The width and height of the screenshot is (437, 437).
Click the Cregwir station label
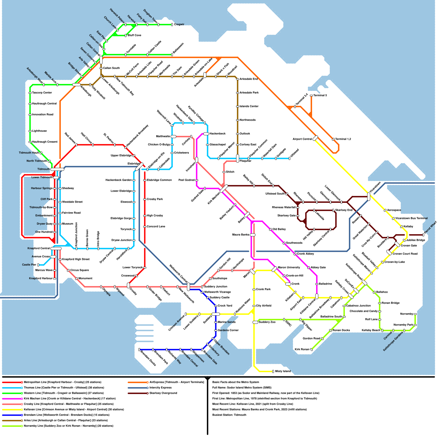179,25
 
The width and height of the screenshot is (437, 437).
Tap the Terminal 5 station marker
311,96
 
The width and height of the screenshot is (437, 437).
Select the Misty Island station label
283,371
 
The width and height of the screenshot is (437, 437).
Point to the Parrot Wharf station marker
423,235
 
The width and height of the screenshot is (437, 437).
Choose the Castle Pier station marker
38,265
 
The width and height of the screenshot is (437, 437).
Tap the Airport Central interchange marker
315,138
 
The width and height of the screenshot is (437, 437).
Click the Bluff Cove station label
134,36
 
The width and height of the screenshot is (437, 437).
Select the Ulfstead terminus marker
290,158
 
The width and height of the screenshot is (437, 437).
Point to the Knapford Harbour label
41,279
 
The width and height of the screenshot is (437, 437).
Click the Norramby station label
406,314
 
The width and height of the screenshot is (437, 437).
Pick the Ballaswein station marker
172,55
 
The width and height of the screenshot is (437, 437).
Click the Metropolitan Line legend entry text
63,382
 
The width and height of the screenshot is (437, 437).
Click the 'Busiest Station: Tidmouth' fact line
229,415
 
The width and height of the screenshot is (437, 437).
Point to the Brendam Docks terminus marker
139,350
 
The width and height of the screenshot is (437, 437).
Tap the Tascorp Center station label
42,93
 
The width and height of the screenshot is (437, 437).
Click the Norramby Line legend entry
69,426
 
